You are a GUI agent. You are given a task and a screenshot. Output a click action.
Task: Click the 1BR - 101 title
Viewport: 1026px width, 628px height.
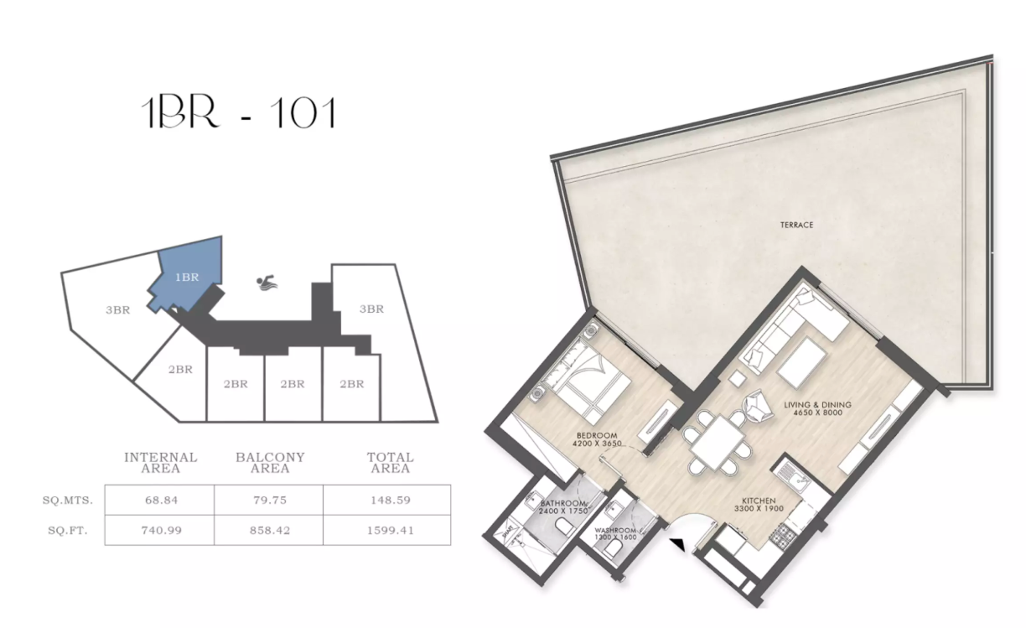[240, 113]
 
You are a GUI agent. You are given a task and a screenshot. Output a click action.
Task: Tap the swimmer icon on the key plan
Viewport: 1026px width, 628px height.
[267, 283]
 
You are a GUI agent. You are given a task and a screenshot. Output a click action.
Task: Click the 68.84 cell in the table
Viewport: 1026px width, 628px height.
[159, 501]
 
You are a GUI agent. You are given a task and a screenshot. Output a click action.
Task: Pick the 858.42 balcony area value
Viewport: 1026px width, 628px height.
[269, 530]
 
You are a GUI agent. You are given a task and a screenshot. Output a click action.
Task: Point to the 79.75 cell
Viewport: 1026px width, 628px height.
[269, 501]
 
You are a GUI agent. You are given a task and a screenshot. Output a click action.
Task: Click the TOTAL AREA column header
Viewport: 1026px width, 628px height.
[390, 463]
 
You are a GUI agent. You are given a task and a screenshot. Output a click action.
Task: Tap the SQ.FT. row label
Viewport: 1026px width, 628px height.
[67, 530]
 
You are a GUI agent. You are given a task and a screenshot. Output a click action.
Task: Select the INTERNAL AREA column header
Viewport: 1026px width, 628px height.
[160, 463]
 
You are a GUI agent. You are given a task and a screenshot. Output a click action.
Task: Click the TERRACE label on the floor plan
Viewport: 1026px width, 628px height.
[796, 225]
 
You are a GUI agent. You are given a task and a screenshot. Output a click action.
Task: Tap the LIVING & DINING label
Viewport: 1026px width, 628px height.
[817, 408]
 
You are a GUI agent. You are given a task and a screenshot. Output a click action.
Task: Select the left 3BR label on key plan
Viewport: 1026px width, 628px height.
[117, 309]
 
